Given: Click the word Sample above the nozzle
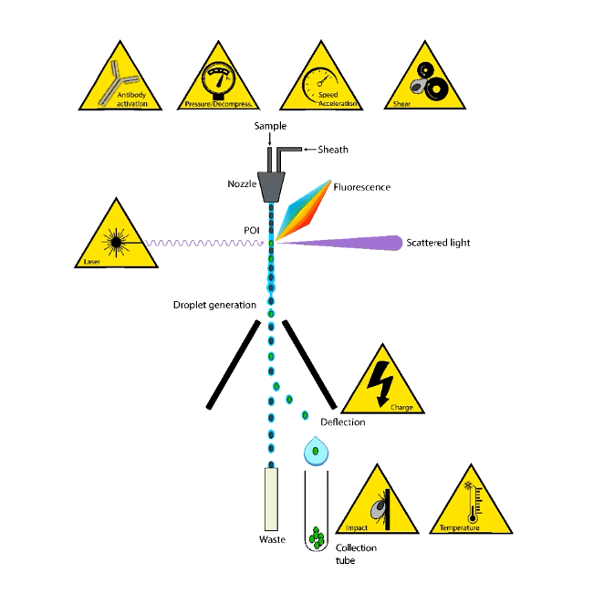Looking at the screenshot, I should pos(271,125).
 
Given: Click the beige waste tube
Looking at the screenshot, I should pos(270,498).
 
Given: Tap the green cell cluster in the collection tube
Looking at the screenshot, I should pos(318,538).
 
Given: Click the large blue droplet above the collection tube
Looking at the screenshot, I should pos(316,451).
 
